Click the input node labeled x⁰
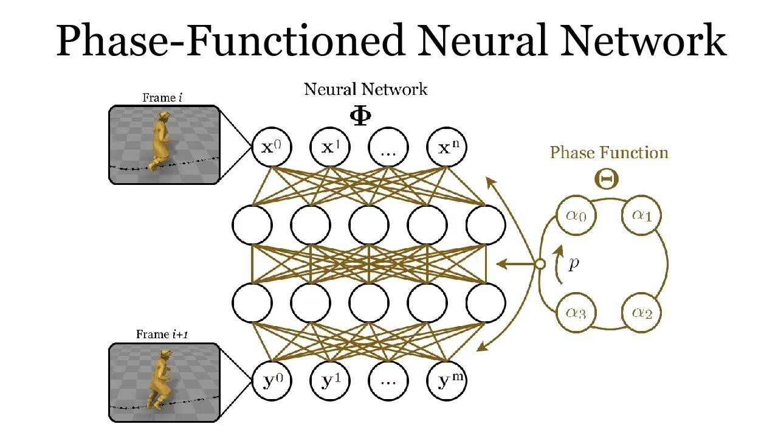pos(272,147)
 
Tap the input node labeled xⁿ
pos(447,147)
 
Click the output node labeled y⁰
pos(272,381)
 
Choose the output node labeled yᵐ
pos(447,381)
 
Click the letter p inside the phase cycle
pos(574,264)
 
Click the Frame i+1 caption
pos(163,334)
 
